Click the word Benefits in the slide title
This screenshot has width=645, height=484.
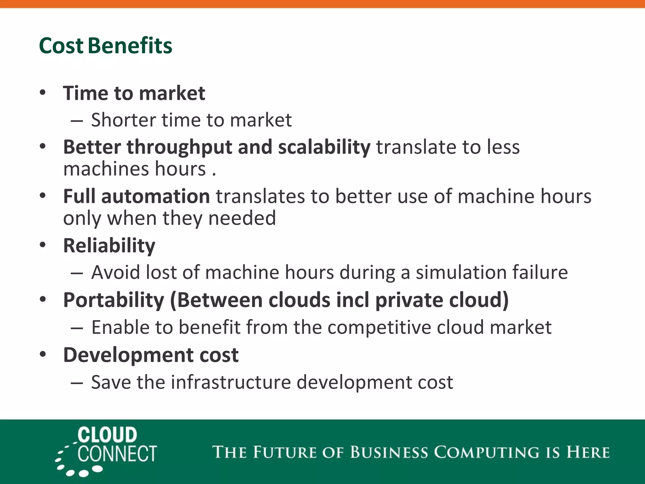(130, 46)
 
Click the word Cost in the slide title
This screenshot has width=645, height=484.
(61, 46)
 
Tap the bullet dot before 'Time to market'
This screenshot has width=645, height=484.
(43, 93)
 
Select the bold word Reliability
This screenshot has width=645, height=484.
(109, 246)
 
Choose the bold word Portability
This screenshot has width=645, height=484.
(114, 300)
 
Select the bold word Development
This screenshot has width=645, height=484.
(128, 355)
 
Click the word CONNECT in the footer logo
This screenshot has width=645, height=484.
(117, 454)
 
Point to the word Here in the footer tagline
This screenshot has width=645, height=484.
(588, 452)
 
